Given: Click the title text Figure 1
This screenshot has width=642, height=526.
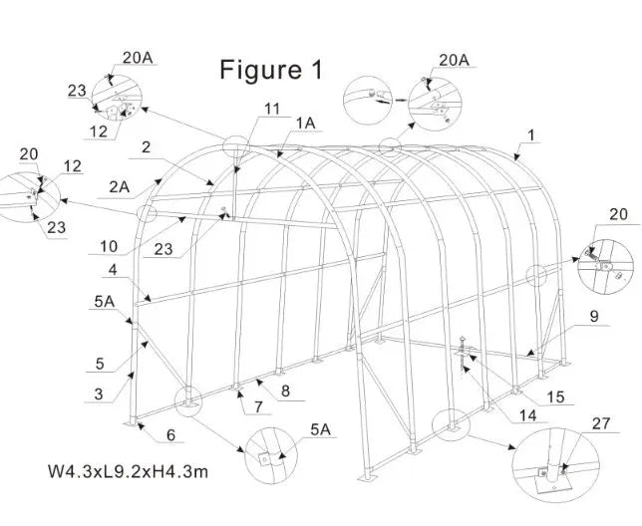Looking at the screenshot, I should [271, 70].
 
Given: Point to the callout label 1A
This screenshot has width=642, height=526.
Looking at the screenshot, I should [307, 122].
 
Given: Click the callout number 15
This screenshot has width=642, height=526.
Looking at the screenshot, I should [556, 397].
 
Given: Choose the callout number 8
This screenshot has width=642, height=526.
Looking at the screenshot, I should [286, 392].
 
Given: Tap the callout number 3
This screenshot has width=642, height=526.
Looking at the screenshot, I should [99, 394].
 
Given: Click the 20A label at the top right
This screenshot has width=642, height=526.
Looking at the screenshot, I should [454, 60].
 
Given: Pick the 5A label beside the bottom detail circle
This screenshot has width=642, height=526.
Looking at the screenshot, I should [320, 430].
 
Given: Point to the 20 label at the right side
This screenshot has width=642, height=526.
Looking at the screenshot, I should [618, 214].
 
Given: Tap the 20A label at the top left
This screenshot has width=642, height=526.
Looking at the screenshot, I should [139, 59].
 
